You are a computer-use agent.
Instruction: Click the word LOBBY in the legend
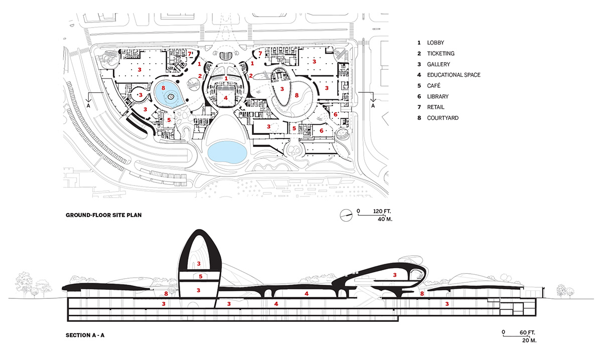click(x=435, y=43)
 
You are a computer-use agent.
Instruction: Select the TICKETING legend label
click(x=441, y=54)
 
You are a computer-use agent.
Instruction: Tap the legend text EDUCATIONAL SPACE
click(x=454, y=75)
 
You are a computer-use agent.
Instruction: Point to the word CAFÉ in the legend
click(x=434, y=86)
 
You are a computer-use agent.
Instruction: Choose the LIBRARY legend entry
click(x=438, y=96)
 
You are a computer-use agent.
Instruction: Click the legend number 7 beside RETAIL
click(x=419, y=107)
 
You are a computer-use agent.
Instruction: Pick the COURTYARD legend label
click(x=443, y=118)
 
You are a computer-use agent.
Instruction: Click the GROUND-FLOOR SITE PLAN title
click(x=103, y=215)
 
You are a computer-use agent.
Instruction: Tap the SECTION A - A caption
click(x=85, y=335)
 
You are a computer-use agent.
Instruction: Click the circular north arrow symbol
click(x=346, y=215)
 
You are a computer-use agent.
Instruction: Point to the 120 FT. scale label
click(x=382, y=212)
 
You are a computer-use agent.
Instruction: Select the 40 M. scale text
click(x=385, y=219)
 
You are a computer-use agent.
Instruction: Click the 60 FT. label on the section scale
click(x=527, y=332)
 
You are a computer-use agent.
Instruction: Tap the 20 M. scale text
click(x=529, y=340)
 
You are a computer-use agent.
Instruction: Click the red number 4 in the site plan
click(x=225, y=98)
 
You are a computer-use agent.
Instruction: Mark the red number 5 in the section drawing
click(x=201, y=276)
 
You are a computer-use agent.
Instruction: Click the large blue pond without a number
click(x=227, y=152)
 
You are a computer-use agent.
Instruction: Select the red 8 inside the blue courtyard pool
click(x=163, y=88)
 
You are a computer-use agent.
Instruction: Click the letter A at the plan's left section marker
click(x=88, y=106)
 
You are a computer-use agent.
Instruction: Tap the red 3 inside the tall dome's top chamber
click(x=199, y=264)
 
